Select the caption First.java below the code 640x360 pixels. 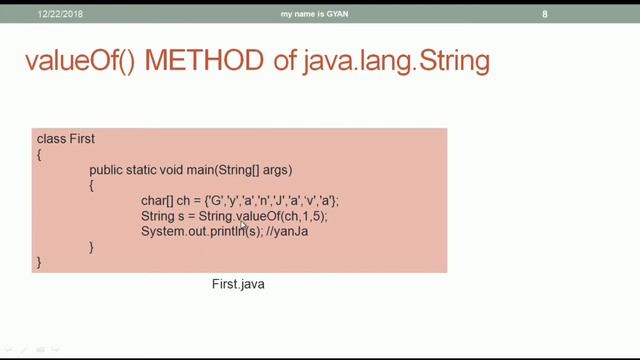pos(238,285)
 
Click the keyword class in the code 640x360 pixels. pos(51,139)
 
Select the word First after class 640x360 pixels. pos(82,139)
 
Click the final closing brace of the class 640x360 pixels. pos(40,262)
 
